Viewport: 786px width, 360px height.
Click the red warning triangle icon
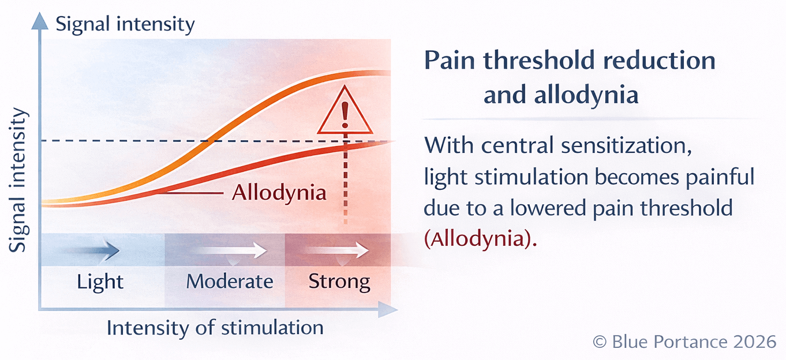pos(345,113)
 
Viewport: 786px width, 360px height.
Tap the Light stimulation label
pos(100,282)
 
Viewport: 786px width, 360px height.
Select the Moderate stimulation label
pos(230,282)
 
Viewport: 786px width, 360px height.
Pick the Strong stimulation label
pos(339,282)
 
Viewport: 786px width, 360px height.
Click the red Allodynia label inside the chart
pos(279,193)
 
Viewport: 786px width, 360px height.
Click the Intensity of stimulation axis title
pos(215,328)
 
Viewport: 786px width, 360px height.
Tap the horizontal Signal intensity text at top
pos(125,24)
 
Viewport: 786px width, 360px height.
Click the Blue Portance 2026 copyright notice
pos(684,342)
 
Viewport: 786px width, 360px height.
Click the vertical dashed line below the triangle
pos(346,185)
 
